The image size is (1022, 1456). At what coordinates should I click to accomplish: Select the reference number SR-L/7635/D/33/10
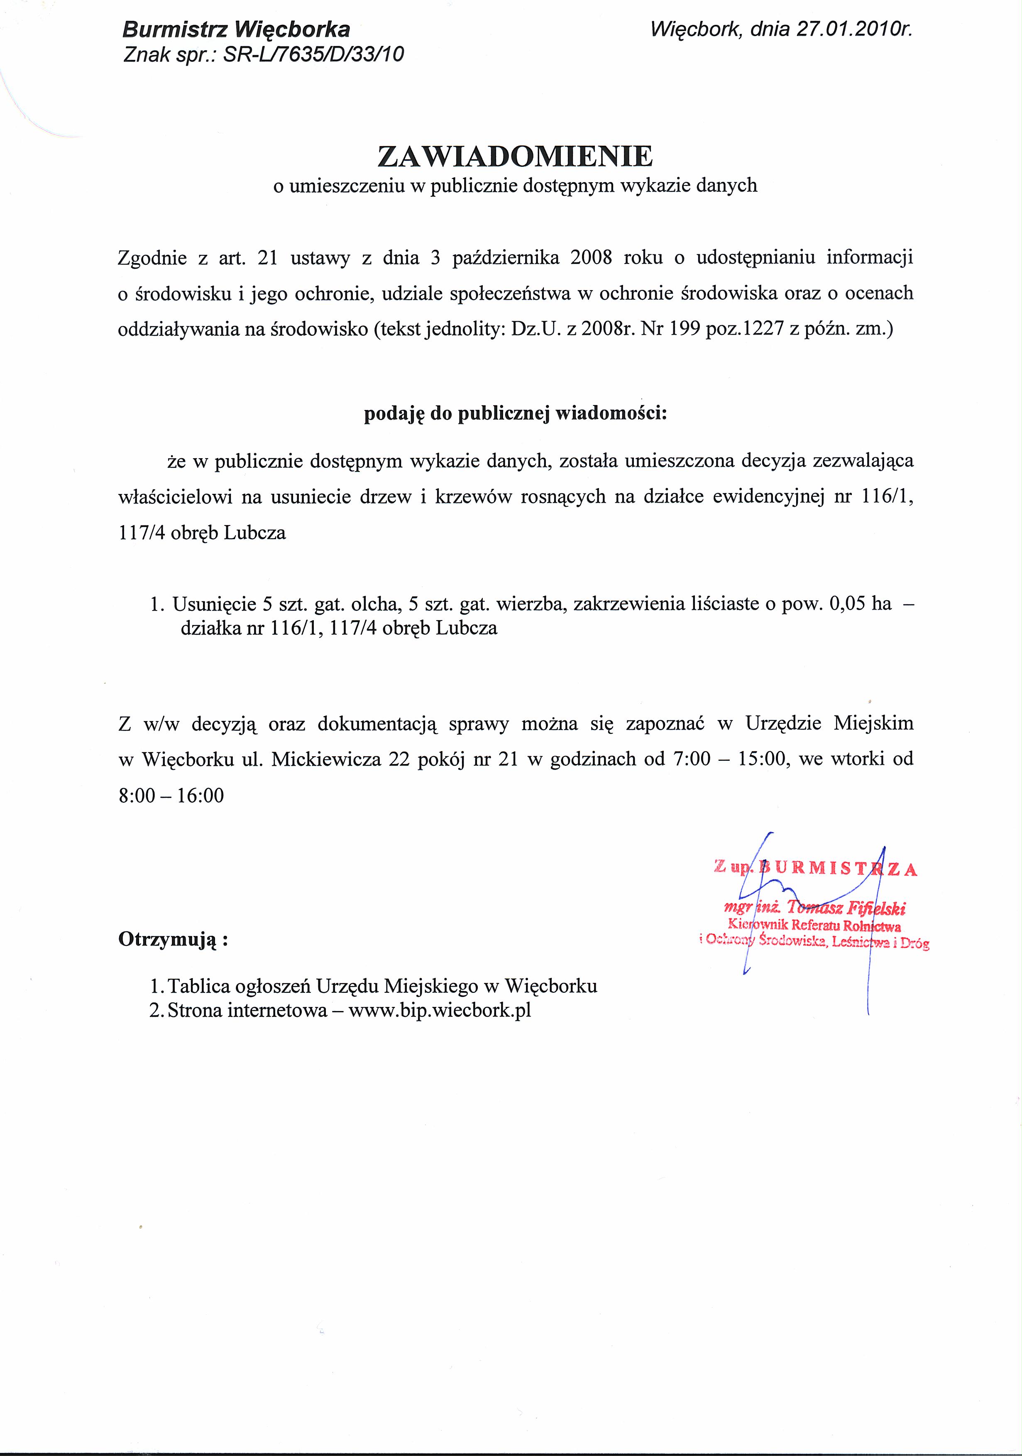pos(312,55)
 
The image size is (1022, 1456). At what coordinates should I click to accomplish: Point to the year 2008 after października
pos(591,258)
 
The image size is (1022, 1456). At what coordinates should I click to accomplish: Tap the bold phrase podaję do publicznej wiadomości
pos(515,414)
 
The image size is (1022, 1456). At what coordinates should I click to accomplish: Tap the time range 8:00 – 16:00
pos(171,795)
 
